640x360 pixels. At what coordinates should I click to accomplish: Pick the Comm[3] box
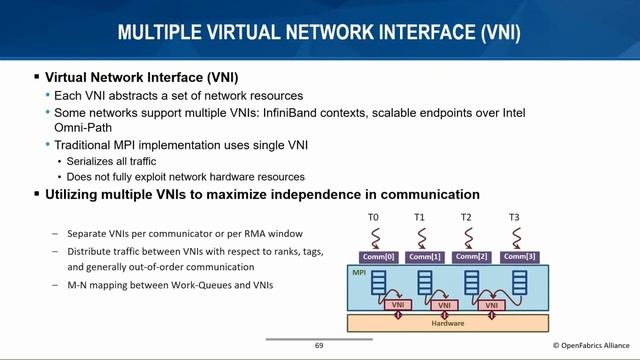coord(517,257)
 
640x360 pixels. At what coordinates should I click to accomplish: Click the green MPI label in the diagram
coord(359,272)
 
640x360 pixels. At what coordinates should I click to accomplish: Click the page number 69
coord(319,346)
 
